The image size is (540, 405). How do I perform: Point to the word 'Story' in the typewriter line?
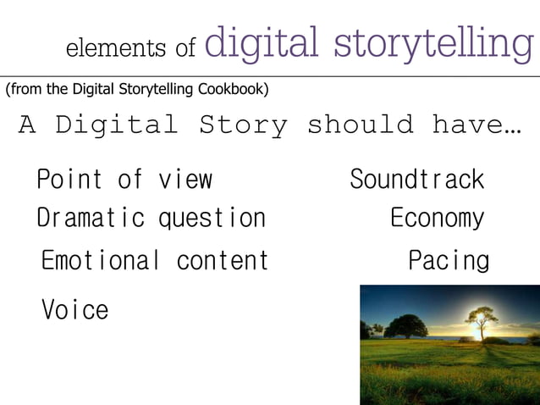coord(244,125)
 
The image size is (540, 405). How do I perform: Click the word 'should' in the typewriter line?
coord(360,125)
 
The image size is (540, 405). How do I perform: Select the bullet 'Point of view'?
coord(124,180)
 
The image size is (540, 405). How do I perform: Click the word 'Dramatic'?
coord(91,219)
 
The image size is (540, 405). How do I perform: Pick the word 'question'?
coord(212,219)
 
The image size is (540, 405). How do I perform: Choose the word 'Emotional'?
coord(101,260)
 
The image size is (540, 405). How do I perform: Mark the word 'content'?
coord(222,260)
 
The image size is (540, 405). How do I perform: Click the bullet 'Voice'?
coord(75,310)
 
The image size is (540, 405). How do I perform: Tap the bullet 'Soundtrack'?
coord(416,180)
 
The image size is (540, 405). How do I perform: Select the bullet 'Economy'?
coord(437,219)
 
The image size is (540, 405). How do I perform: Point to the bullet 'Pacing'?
coord(449,260)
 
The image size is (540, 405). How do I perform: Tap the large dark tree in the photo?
coord(405,325)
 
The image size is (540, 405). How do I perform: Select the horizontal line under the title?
coord(270,76)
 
